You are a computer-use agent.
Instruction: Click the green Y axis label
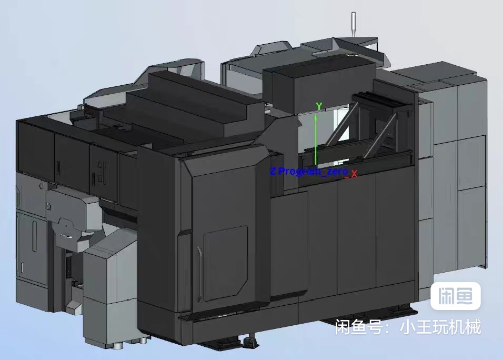pos(319,106)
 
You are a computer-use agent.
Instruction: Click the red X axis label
pos(354,174)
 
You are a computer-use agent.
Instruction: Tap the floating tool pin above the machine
pos(354,24)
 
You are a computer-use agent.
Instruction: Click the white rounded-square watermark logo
pos(455,296)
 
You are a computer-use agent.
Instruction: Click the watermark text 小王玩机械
pos(440,327)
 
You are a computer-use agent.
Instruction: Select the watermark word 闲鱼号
pos(359,327)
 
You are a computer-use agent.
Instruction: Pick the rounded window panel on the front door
pos(226,264)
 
